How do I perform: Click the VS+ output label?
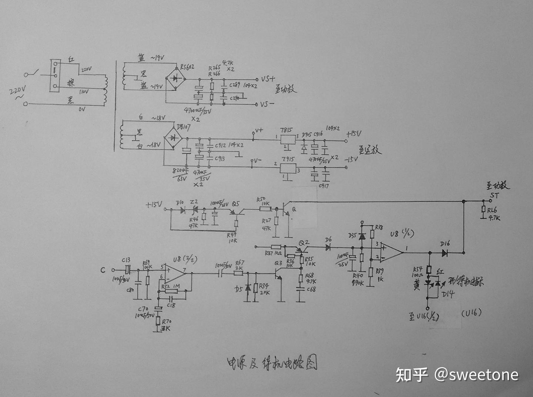point(268,79)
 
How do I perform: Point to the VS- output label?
point(267,104)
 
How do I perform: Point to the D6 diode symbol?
point(328,248)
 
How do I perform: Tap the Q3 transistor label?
point(278,263)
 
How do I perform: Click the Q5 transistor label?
point(235,204)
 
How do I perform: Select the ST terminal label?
point(494,195)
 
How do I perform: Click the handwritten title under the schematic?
point(272,363)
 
